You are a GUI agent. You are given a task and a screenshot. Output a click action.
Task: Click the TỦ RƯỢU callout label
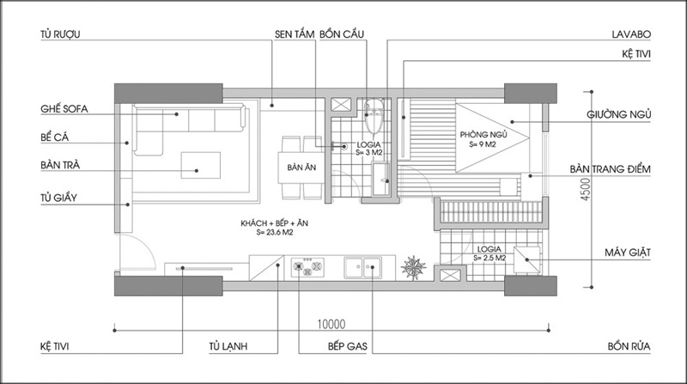(x=60, y=34)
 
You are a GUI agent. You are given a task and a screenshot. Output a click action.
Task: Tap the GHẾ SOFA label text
(x=64, y=109)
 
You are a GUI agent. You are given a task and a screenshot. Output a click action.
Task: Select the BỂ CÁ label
(x=55, y=137)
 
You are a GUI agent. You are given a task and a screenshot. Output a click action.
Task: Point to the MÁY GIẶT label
(x=628, y=253)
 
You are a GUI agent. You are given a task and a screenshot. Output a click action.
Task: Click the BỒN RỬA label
(x=629, y=346)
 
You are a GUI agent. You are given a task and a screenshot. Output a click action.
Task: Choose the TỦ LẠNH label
(x=228, y=346)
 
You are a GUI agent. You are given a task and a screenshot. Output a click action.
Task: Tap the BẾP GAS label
(x=348, y=346)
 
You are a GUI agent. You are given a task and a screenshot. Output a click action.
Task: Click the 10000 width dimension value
(x=331, y=325)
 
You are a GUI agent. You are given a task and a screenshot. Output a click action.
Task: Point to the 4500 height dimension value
(x=586, y=189)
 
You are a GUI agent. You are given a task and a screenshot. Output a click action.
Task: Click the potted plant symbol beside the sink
(x=413, y=267)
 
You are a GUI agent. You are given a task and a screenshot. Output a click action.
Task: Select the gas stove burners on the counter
(x=307, y=267)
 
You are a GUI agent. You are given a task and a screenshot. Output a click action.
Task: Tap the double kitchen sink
(x=362, y=267)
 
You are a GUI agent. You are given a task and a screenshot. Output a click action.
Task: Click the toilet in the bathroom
(x=374, y=115)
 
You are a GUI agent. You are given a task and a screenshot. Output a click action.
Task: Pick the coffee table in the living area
(x=201, y=165)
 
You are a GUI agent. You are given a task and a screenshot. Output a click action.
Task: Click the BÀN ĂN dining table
(x=301, y=168)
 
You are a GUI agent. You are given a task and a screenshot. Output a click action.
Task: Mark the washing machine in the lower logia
(x=526, y=259)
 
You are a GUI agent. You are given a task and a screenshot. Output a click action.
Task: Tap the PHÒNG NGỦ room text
(x=483, y=135)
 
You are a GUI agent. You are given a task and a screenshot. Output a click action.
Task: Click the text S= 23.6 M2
(x=275, y=233)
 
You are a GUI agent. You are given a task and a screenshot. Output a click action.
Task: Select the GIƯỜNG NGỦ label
(x=618, y=114)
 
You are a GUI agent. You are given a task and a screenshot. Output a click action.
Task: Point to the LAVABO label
(x=631, y=34)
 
